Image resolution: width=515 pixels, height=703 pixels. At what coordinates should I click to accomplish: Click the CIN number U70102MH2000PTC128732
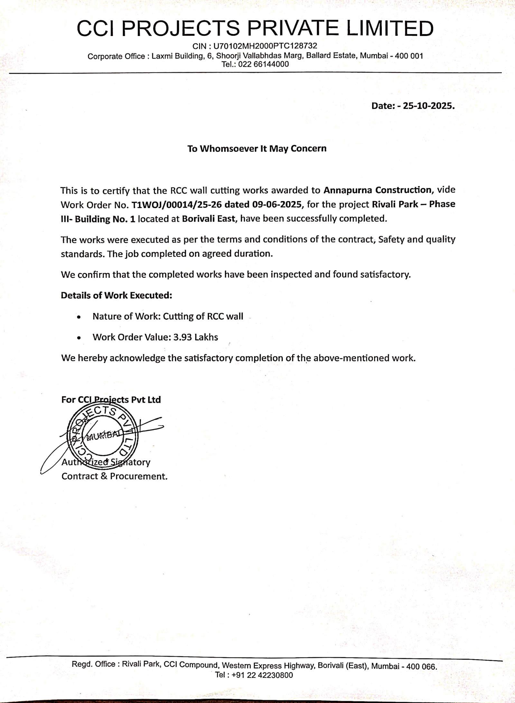[x=265, y=46]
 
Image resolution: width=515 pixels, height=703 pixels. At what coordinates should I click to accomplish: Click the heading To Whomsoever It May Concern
[x=257, y=149]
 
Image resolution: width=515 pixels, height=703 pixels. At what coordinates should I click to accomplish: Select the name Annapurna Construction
[x=377, y=190]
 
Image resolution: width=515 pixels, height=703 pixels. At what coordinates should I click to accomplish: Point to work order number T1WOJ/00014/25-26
[x=177, y=204]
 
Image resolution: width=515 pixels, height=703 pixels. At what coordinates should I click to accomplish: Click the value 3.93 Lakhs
[x=196, y=337]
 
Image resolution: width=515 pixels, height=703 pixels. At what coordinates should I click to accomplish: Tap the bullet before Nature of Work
[x=79, y=317]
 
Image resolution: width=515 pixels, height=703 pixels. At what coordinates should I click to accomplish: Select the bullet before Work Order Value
[x=79, y=338]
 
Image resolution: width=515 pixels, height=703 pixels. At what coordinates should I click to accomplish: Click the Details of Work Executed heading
[x=117, y=295]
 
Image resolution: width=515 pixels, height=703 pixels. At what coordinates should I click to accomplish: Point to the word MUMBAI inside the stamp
[x=103, y=436]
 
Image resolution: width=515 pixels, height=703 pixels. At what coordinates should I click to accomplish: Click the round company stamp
[x=103, y=437]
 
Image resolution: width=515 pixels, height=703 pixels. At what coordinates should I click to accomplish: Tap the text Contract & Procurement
[x=115, y=476]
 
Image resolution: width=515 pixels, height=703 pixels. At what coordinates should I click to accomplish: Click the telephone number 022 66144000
[x=264, y=64]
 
